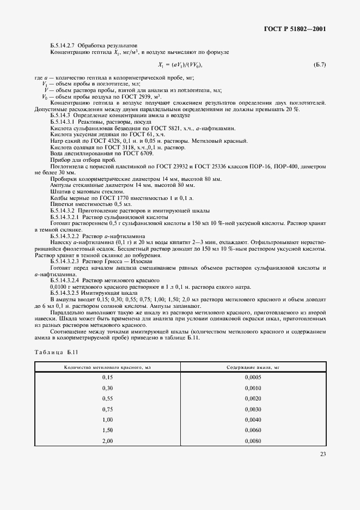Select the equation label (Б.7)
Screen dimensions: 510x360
(320, 65)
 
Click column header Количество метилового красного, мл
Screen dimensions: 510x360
(107, 368)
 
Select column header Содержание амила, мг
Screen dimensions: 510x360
(253, 368)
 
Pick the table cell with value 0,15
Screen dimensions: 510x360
(107, 378)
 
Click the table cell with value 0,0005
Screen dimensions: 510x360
(253, 378)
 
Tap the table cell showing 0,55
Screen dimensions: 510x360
(107, 398)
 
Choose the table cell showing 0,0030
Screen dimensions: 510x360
(253, 409)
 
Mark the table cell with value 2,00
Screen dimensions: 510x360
(107, 440)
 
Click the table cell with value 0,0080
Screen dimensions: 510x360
(253, 440)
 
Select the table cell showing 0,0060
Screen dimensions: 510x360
(253, 430)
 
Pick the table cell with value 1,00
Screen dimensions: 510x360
(107, 420)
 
